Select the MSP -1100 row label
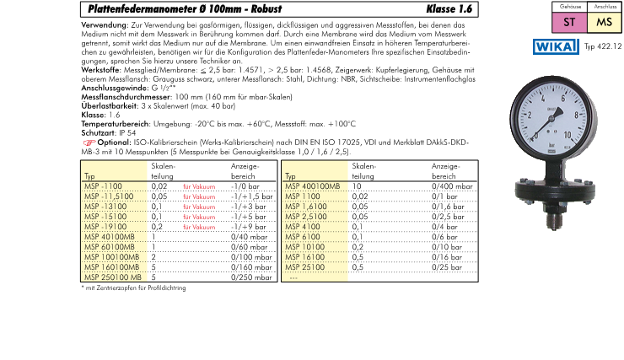pos(104,185)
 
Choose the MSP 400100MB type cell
pos(313,185)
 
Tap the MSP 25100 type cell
pos(304,266)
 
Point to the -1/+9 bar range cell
pos(250,226)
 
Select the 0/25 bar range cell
pos(447,266)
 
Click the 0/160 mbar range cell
pos(252,266)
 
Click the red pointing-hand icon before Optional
pos(89,142)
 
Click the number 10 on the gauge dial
pos(568,134)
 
